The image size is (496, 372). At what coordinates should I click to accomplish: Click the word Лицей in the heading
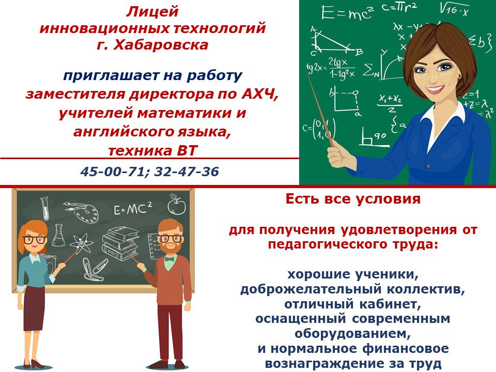(x=152, y=12)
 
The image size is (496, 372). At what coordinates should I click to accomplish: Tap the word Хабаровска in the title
(x=161, y=45)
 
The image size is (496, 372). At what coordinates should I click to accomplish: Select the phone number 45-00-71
(x=112, y=172)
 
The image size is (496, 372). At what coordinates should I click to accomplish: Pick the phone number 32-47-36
(x=187, y=172)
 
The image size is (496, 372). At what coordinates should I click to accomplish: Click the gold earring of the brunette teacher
(x=459, y=76)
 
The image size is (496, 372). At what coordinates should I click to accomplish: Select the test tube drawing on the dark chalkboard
(x=45, y=208)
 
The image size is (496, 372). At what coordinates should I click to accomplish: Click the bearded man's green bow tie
(x=169, y=259)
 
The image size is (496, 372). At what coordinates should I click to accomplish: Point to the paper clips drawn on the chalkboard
(x=95, y=268)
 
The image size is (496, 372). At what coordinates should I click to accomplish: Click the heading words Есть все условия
(x=353, y=199)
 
